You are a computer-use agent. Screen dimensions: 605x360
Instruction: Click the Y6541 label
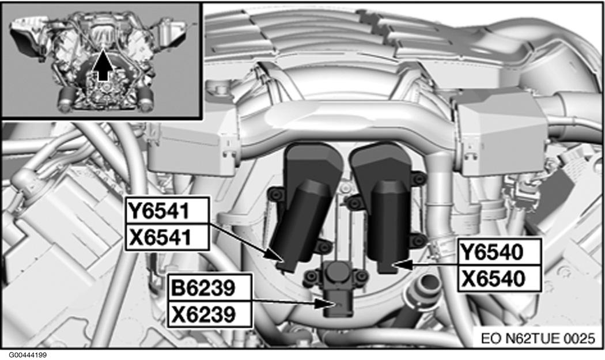[167, 210]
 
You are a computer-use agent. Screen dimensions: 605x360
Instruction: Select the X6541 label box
[167, 237]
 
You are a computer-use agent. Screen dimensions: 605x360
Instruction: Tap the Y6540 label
[500, 252]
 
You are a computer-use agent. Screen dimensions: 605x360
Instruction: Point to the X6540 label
[500, 278]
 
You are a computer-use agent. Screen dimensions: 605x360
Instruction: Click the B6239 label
[210, 287]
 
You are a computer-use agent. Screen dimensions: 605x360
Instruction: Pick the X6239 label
[210, 314]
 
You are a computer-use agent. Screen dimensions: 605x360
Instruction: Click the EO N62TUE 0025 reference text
[538, 338]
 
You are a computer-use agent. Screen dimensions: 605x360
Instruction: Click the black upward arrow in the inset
[103, 66]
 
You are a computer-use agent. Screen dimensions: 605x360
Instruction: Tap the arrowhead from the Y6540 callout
[398, 264]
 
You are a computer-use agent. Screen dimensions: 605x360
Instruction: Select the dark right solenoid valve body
[382, 204]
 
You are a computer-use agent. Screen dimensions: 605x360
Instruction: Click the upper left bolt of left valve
[275, 195]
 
